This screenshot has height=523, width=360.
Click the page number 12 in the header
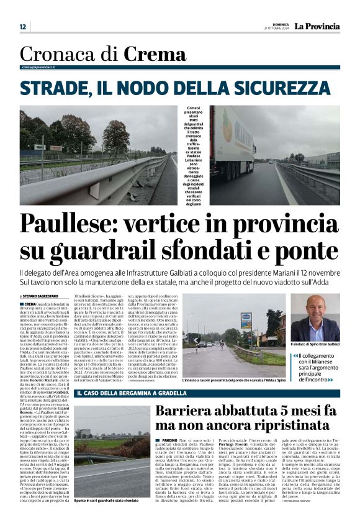tap(23, 27)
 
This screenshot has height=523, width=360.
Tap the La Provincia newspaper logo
tap(317, 26)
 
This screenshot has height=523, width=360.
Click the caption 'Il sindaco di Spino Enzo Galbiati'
tap(315, 344)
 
